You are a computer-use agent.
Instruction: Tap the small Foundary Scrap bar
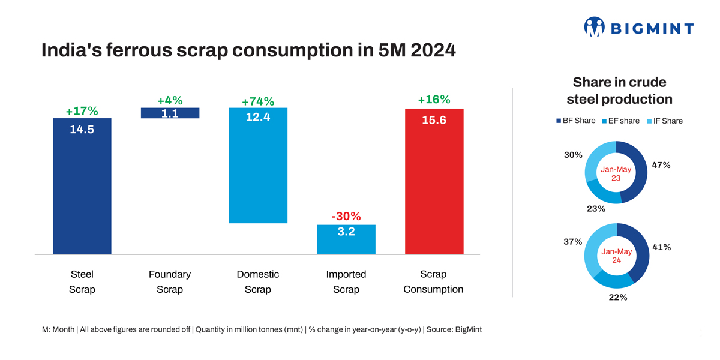[170, 113]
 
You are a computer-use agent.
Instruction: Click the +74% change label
[258, 102]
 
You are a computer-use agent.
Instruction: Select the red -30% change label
[346, 216]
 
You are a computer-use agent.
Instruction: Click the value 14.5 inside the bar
[82, 130]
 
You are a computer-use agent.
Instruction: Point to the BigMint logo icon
[594, 27]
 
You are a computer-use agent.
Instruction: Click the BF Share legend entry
[576, 121]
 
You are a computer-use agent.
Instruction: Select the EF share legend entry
[620, 121]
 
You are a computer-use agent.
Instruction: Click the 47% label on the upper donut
[661, 165]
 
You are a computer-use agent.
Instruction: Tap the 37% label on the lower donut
[573, 242]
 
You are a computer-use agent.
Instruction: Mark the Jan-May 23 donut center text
[616, 173]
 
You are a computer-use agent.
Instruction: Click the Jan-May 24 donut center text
[616, 256]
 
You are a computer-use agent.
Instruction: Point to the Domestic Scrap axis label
[258, 282]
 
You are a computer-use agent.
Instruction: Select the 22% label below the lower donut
[619, 298]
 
